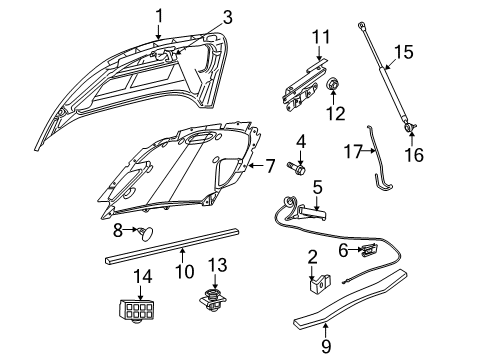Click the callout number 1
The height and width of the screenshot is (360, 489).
158,14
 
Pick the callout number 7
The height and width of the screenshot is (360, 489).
270,164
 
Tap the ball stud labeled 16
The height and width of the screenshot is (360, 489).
410,127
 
